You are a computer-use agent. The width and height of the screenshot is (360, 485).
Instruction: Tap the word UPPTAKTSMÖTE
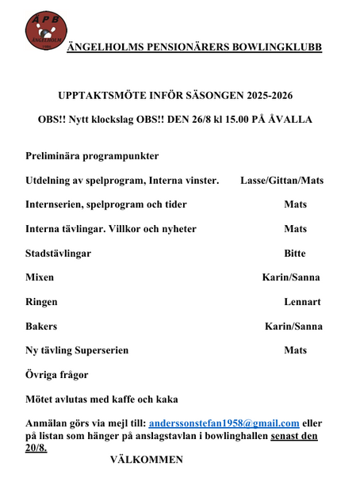(109, 95)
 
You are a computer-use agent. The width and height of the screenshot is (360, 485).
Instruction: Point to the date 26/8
(204, 120)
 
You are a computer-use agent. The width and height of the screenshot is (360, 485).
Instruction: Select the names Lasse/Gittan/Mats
(281, 181)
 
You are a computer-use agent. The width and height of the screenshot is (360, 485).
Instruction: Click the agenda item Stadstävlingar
(58, 254)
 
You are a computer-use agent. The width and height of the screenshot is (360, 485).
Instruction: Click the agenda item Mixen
(40, 277)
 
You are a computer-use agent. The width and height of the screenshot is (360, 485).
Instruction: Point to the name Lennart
(302, 302)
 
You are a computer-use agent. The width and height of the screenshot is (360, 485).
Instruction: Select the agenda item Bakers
(41, 326)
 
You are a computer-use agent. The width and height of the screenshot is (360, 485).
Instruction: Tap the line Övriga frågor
(57, 374)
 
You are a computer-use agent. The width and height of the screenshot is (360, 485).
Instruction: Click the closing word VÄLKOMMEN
(147, 460)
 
